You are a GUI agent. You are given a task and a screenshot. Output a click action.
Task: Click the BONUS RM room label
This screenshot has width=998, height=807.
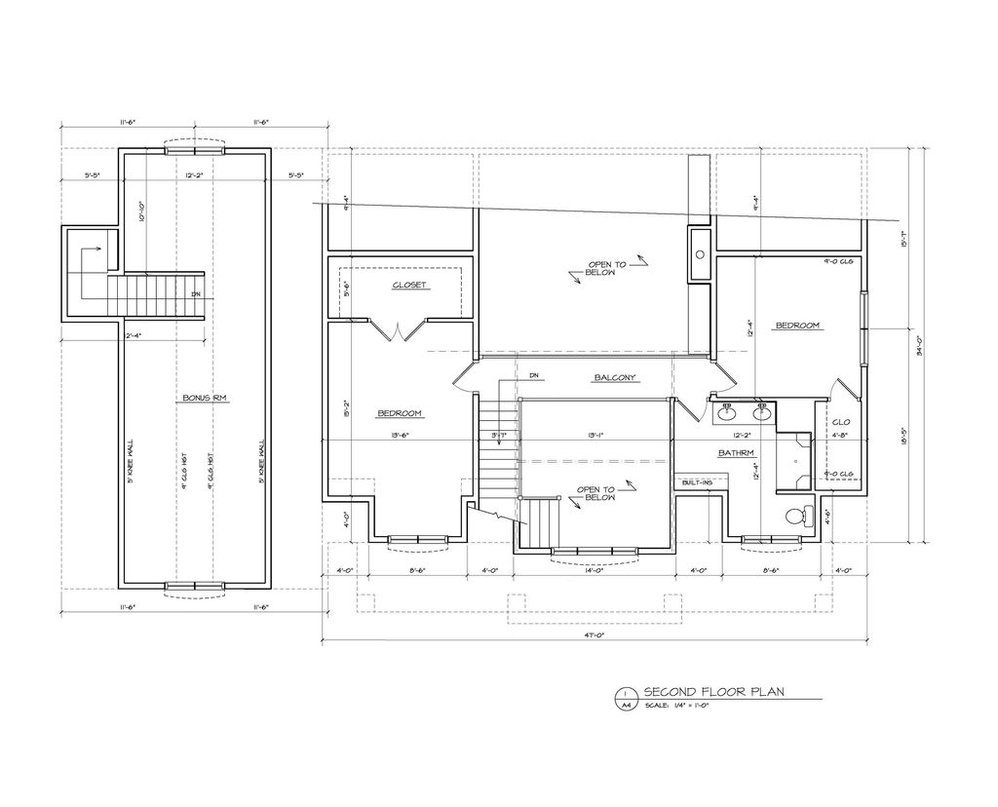pos(198,398)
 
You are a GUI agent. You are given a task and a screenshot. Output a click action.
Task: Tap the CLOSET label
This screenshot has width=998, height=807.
pos(409,285)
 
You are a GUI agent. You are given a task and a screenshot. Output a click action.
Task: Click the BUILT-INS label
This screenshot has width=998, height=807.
pos(698,482)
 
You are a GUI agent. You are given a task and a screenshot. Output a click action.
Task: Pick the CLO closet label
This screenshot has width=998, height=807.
pos(840,422)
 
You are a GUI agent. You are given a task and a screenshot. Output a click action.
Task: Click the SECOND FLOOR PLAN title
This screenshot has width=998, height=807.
pos(713,692)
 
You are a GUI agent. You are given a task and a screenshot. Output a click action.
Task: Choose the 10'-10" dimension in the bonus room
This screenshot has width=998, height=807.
pos(142,211)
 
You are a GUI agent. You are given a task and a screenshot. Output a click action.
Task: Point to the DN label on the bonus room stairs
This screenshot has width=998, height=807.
pos(195,293)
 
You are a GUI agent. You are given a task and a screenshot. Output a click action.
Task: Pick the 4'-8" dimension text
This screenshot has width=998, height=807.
pos(841,436)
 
